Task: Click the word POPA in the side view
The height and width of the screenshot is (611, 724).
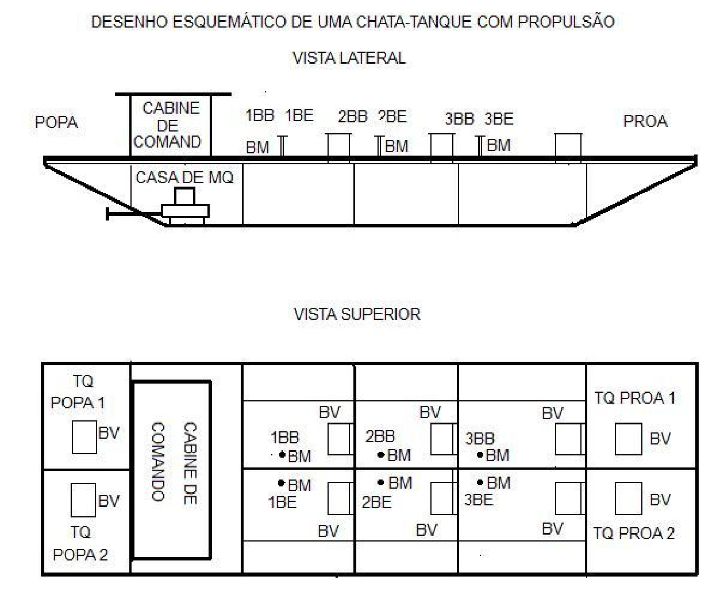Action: (x=57, y=122)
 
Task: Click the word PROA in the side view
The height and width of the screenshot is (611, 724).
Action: (x=645, y=121)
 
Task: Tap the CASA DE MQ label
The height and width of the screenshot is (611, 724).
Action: (x=184, y=177)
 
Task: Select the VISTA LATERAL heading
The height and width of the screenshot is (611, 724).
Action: (x=349, y=58)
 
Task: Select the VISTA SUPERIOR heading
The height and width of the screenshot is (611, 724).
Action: (x=357, y=314)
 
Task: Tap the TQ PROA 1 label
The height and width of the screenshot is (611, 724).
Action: (x=636, y=397)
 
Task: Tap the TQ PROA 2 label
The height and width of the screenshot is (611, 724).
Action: (x=634, y=533)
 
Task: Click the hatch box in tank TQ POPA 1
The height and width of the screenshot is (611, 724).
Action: (x=84, y=437)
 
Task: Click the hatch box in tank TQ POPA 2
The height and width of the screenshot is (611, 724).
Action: (x=83, y=500)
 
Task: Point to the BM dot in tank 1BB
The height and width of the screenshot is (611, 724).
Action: (x=282, y=454)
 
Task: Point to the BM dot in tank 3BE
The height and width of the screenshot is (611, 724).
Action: (x=480, y=482)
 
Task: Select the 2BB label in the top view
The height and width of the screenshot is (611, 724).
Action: (x=380, y=436)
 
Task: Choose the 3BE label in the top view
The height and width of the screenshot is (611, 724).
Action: (x=479, y=500)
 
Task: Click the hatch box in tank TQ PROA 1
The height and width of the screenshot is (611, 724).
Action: (x=628, y=439)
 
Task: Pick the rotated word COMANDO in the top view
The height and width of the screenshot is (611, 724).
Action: (x=158, y=462)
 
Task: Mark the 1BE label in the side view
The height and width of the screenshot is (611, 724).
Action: (x=299, y=115)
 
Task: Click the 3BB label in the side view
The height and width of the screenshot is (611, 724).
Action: (x=460, y=119)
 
